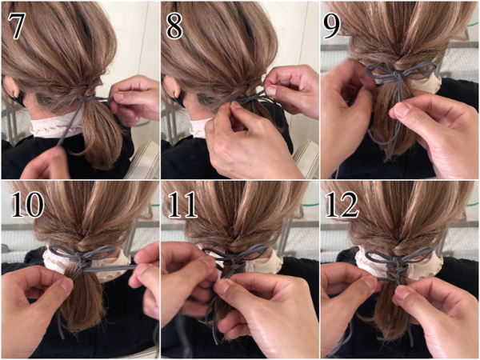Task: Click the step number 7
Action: click(16, 26)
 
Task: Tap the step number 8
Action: click(174, 26)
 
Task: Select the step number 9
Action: click(331, 26)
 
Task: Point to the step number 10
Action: click(27, 205)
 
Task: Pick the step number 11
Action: click(183, 205)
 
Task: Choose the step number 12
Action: click(342, 205)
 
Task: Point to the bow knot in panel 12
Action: click(397, 261)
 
